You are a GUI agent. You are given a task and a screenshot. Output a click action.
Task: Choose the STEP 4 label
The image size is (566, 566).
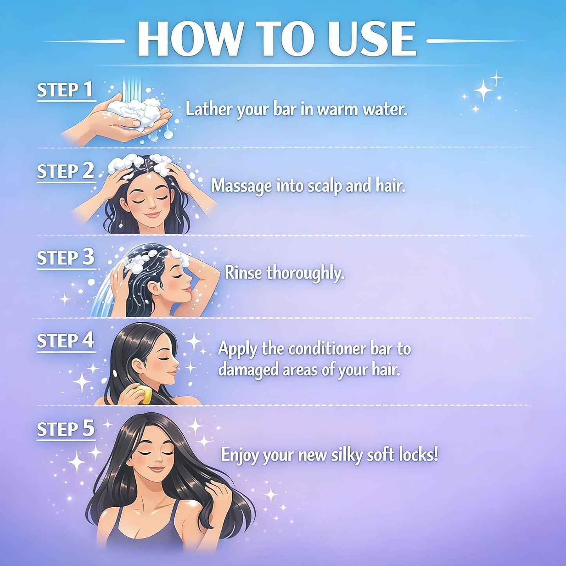pyautogui.click(x=65, y=341)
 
